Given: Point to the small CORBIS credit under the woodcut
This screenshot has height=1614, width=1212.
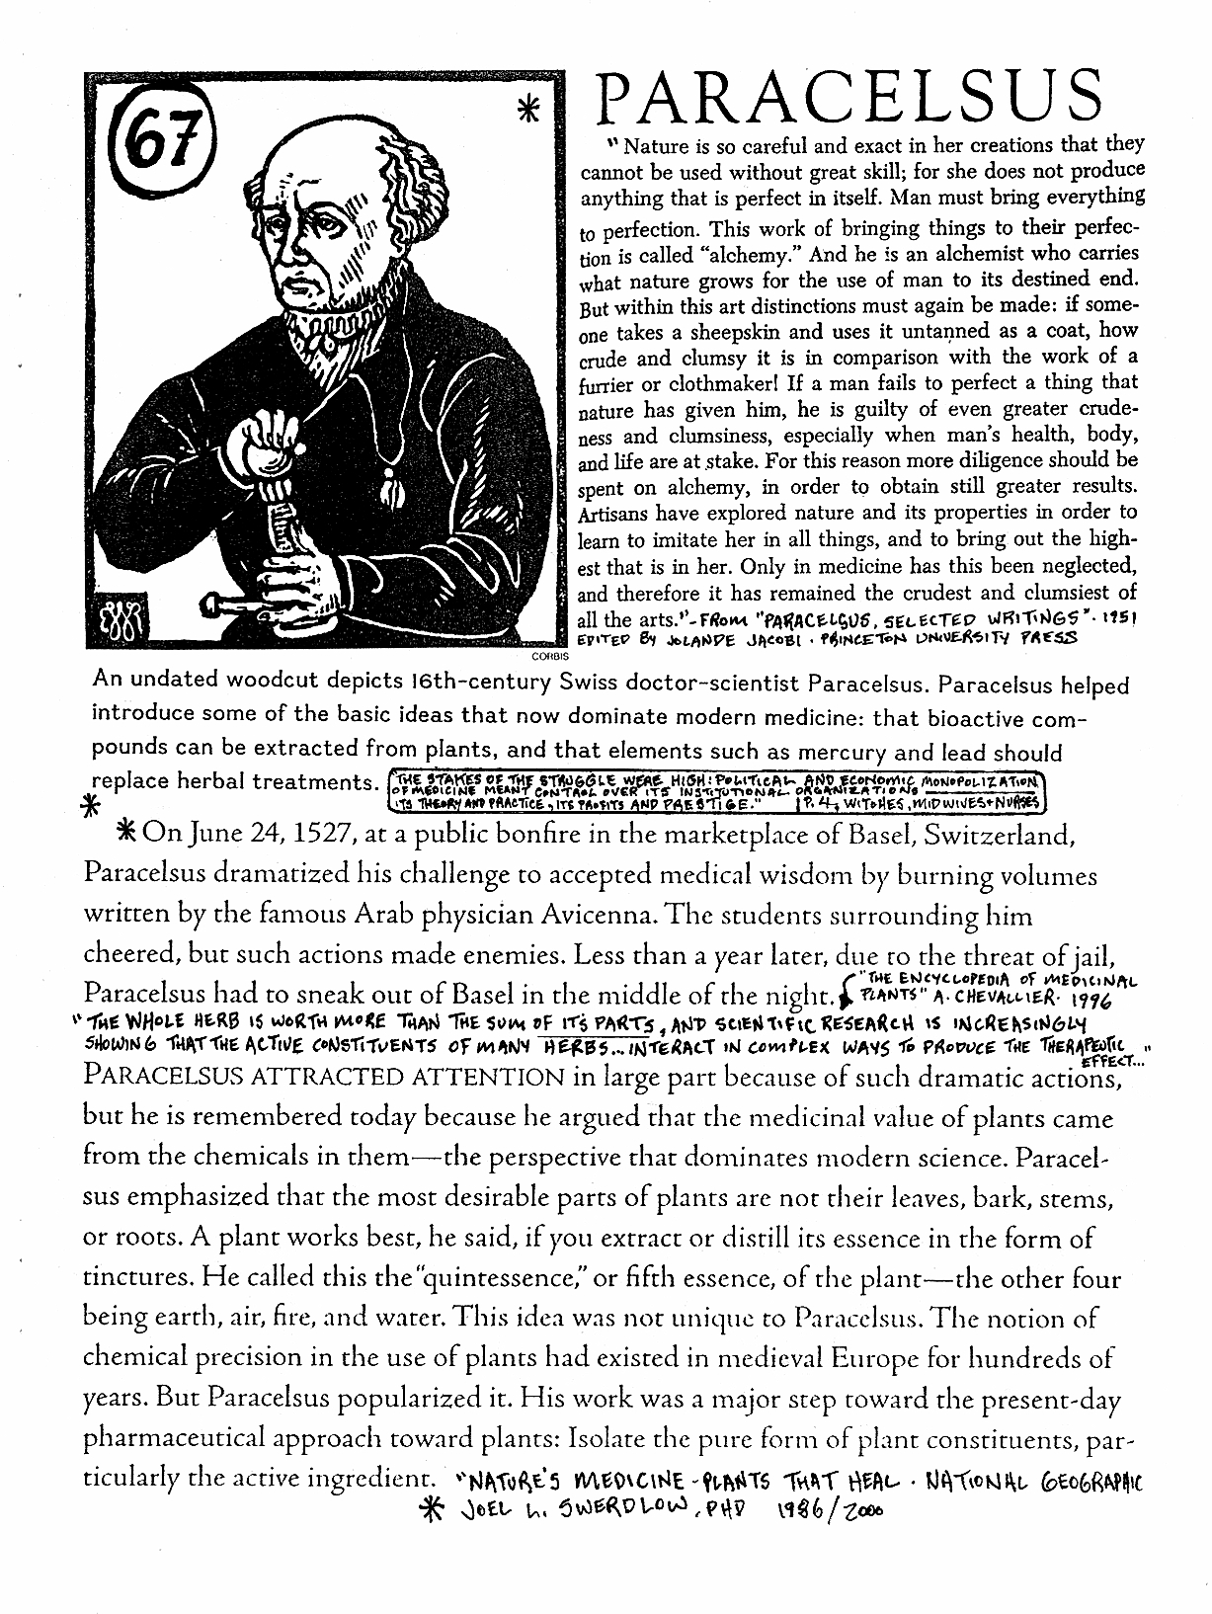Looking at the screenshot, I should pos(545,655).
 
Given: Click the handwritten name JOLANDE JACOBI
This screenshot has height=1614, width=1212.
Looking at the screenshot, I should pos(722,639).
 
